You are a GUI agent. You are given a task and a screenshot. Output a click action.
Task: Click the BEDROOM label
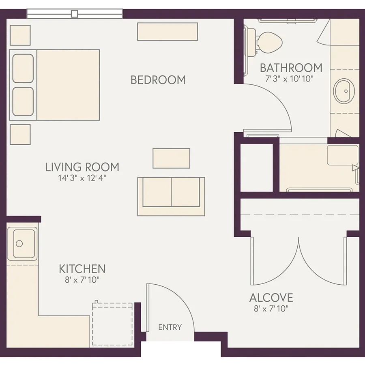(158, 80)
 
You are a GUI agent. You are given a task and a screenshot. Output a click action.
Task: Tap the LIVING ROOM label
(82, 167)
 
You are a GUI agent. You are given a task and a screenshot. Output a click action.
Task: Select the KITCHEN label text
(82, 269)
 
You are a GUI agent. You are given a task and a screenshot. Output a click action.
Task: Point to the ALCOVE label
(271, 298)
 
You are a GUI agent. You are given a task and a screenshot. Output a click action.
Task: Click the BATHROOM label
(291, 68)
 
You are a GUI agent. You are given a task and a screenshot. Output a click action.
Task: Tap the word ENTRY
(170, 327)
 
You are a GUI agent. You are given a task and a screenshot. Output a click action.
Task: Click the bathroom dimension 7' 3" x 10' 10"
(290, 79)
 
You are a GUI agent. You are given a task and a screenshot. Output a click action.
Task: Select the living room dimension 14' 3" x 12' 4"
(82, 178)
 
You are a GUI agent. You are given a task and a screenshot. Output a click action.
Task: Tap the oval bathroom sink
(344, 91)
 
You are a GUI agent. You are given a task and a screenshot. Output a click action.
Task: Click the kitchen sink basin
(24, 244)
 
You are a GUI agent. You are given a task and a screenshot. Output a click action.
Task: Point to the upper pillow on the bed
(23, 69)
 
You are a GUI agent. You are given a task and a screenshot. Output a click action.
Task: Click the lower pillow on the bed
(23, 101)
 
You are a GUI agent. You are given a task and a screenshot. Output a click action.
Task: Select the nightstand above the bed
(20, 35)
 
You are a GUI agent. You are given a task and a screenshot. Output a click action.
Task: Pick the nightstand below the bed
(20, 135)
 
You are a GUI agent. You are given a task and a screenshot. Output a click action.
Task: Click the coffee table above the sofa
(171, 158)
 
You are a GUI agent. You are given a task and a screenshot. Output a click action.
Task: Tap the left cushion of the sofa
(157, 192)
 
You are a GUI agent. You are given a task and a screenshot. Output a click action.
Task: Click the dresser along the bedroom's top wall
(167, 32)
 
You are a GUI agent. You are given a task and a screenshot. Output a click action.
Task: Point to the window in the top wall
(75, 14)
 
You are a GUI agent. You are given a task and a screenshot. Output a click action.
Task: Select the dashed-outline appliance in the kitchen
(112, 324)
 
